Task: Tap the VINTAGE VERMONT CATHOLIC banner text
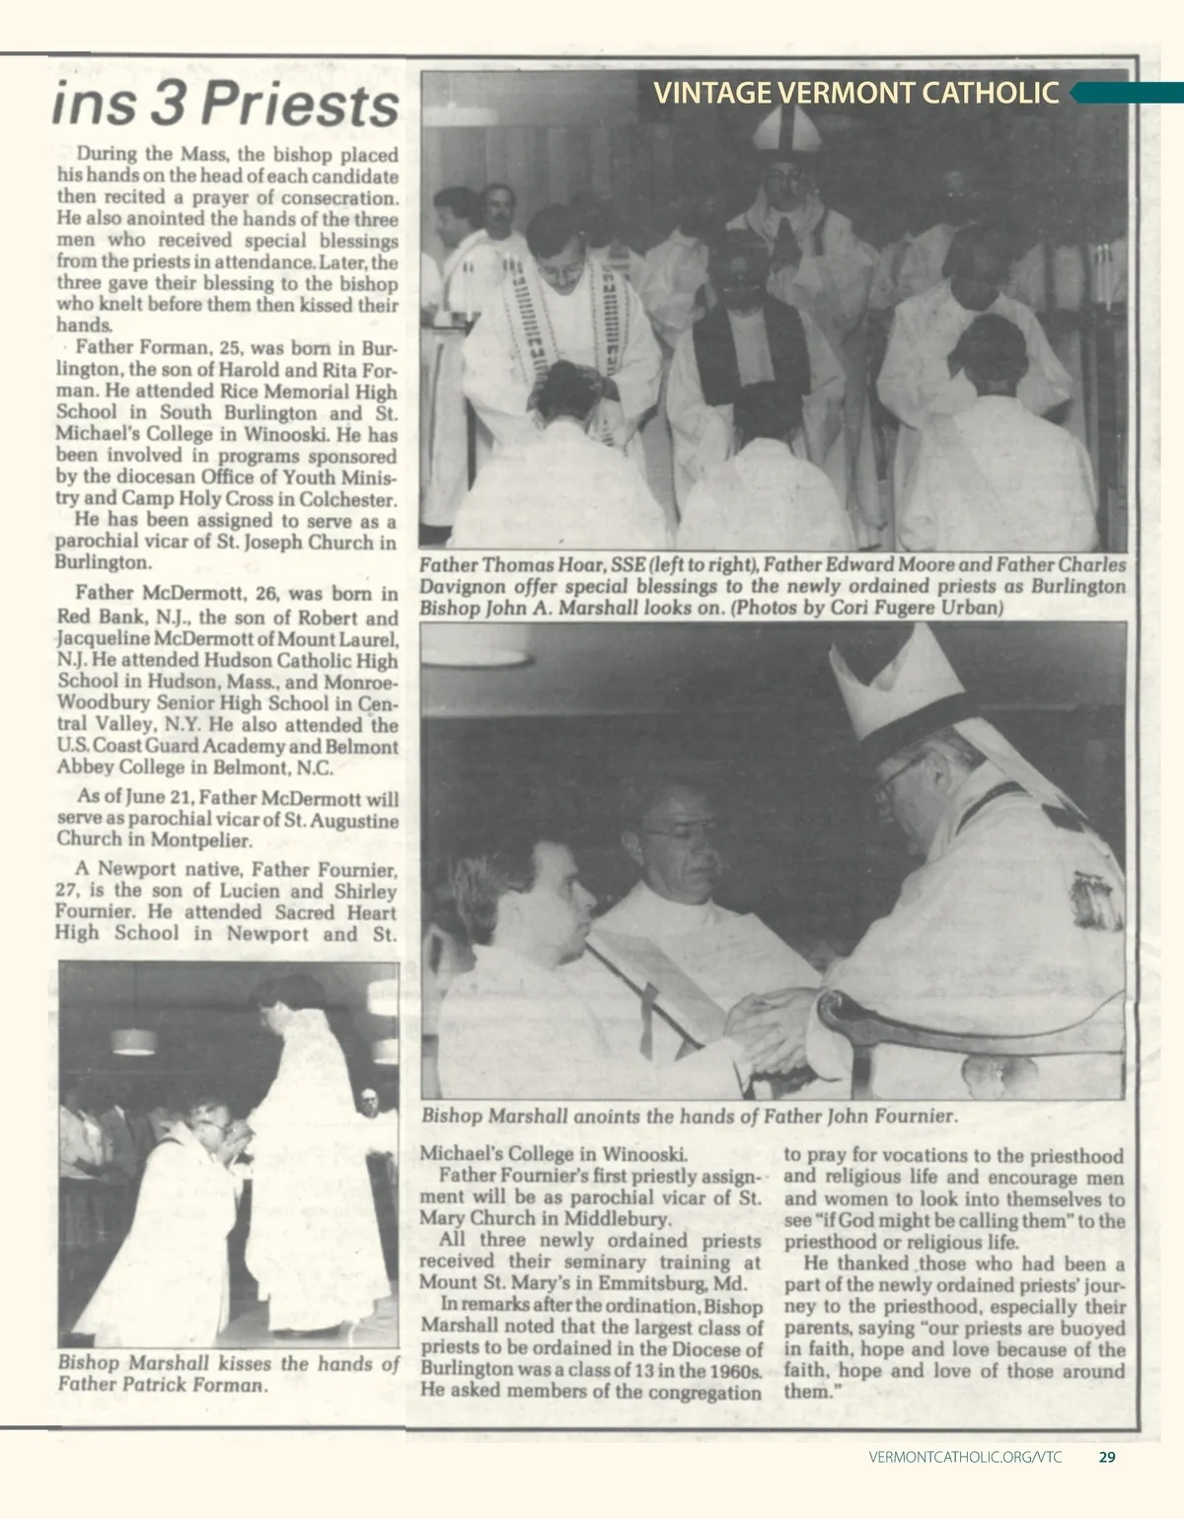point(856,93)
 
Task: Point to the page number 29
point(1107,1456)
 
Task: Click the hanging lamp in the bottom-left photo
point(128,1040)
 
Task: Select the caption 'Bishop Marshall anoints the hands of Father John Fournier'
point(689,1118)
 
